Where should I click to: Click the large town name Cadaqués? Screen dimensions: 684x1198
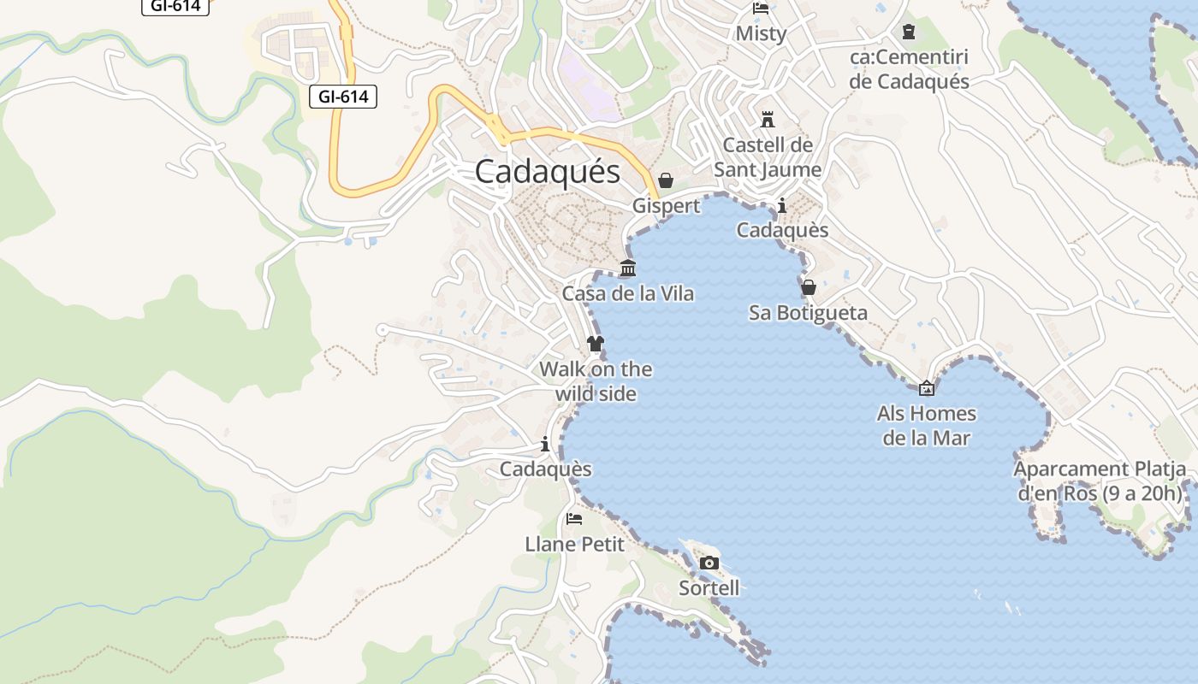pos(547,172)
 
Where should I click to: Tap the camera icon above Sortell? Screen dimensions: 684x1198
pos(709,563)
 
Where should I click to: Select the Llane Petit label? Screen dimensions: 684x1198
pos(574,544)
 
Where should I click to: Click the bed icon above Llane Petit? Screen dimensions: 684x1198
pos(574,519)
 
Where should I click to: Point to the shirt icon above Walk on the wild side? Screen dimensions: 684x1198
pos(596,344)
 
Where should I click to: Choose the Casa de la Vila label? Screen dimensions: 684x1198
pos(627,293)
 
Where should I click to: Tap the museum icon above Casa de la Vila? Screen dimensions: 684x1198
pos(628,268)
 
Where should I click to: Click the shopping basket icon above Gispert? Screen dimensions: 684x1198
pos(666,180)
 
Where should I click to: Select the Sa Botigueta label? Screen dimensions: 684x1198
pos(808,313)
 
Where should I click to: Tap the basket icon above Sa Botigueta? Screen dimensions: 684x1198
pos(808,287)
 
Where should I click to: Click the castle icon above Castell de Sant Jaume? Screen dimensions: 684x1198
pos(768,120)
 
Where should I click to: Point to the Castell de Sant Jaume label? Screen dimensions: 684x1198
pos(768,157)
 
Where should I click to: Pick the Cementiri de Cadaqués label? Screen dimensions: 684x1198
pos(909,69)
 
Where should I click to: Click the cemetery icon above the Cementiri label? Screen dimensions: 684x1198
pos(909,32)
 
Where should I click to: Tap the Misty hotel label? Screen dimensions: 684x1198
pos(761,33)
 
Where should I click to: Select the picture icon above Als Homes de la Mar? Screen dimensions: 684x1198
pos(926,389)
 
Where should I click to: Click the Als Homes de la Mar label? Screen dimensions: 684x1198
pos(926,426)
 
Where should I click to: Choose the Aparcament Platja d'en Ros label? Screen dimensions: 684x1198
pos(1100,481)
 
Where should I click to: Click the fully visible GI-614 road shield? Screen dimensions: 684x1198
pos(343,97)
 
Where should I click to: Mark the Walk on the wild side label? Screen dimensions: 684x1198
pos(596,381)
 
